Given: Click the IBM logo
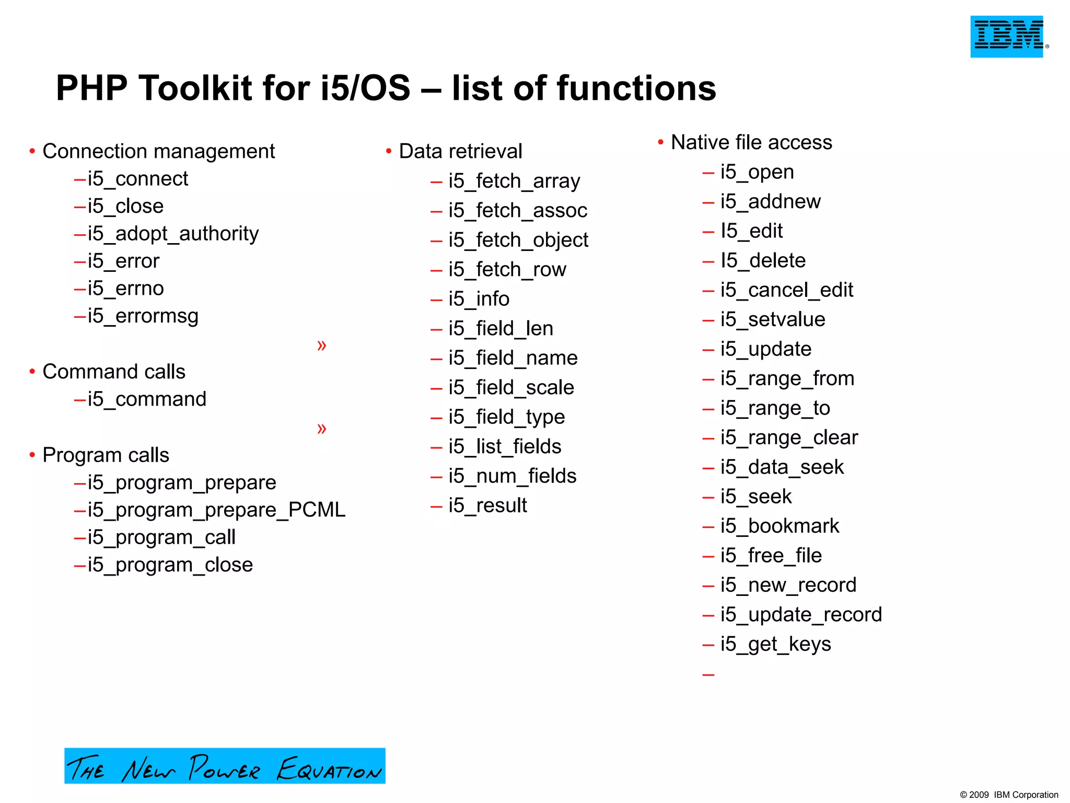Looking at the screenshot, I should click(x=1007, y=36).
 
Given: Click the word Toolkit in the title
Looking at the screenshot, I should click(x=195, y=87).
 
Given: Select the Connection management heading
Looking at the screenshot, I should click(x=158, y=151).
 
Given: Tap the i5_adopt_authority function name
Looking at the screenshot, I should click(x=173, y=233).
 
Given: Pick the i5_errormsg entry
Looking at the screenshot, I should click(x=143, y=316).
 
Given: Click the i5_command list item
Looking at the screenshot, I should click(x=147, y=399).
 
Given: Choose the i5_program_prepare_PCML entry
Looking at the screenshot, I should click(x=216, y=510).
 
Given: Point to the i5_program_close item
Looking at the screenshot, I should click(x=170, y=565).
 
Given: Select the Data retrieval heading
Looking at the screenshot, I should click(x=460, y=151).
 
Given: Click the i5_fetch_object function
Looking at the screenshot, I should click(x=518, y=240).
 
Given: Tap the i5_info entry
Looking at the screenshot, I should click(x=479, y=299).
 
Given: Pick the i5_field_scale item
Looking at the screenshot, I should click(x=511, y=387).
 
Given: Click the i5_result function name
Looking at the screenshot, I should click(x=487, y=506).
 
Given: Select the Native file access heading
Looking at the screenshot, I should click(x=751, y=142).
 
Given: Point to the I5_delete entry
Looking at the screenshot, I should click(x=763, y=260).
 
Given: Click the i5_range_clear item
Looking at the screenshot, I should click(x=789, y=438).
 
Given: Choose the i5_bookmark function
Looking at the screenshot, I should click(x=780, y=526).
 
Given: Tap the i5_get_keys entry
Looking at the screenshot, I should click(x=775, y=644).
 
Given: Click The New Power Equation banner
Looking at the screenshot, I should click(x=225, y=766).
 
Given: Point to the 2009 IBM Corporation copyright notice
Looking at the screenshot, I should click(x=1009, y=795).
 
